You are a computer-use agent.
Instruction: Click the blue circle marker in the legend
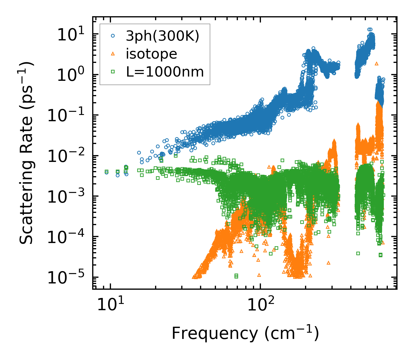coord(113,36)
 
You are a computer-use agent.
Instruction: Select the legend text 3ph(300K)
coord(163,36)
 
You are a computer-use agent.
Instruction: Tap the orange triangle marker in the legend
coord(113,54)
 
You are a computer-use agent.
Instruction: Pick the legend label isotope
coord(151,54)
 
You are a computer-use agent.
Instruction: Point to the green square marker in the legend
coord(113,72)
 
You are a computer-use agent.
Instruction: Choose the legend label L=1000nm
coord(165,72)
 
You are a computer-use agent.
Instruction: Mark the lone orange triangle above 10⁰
coord(376,64)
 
